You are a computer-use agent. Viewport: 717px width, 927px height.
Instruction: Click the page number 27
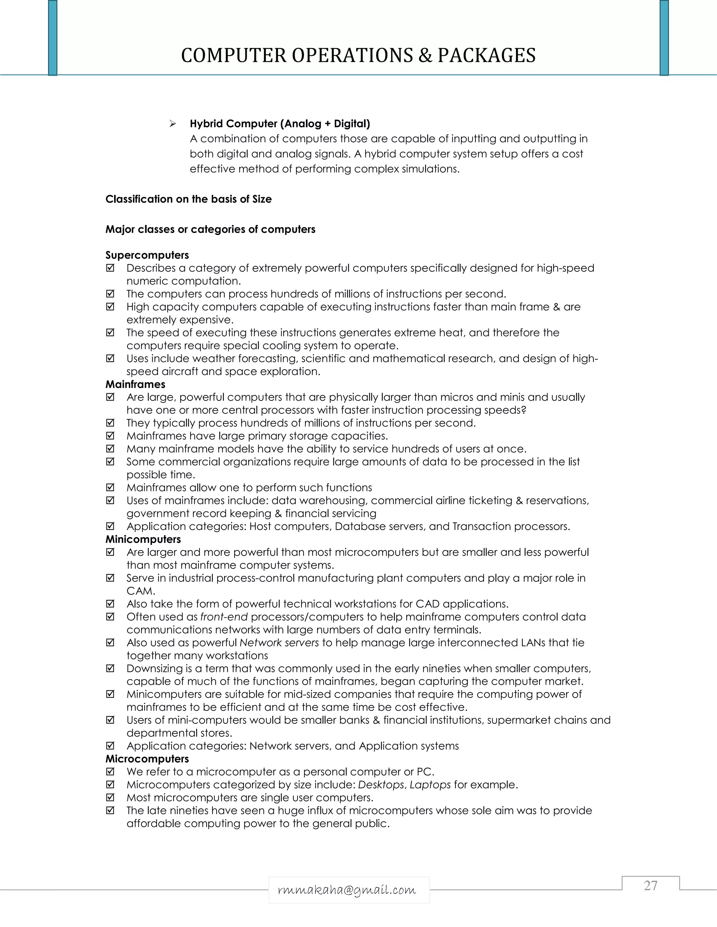click(x=650, y=885)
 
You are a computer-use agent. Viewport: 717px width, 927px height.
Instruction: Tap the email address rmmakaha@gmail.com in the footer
click(x=347, y=890)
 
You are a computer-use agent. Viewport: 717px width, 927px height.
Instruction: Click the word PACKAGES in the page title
click(x=486, y=56)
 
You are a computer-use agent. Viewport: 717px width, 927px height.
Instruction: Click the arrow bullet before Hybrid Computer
click(x=173, y=123)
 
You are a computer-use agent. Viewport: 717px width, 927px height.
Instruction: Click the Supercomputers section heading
click(x=147, y=255)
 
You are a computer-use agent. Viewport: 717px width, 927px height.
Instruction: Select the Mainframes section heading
click(x=135, y=384)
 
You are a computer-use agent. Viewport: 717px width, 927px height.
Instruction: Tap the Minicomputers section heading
click(x=143, y=539)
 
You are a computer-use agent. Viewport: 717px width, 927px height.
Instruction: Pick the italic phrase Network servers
click(x=279, y=643)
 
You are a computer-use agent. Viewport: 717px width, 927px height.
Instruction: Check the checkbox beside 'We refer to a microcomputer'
click(x=110, y=772)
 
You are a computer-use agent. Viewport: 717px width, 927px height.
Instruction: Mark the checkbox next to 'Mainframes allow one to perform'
click(x=110, y=487)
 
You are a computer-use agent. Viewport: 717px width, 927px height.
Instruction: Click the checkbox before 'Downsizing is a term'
click(x=110, y=668)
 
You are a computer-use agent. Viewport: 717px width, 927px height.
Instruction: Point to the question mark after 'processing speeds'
click(x=524, y=410)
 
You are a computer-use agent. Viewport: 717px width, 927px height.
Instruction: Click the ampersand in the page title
click(x=425, y=56)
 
